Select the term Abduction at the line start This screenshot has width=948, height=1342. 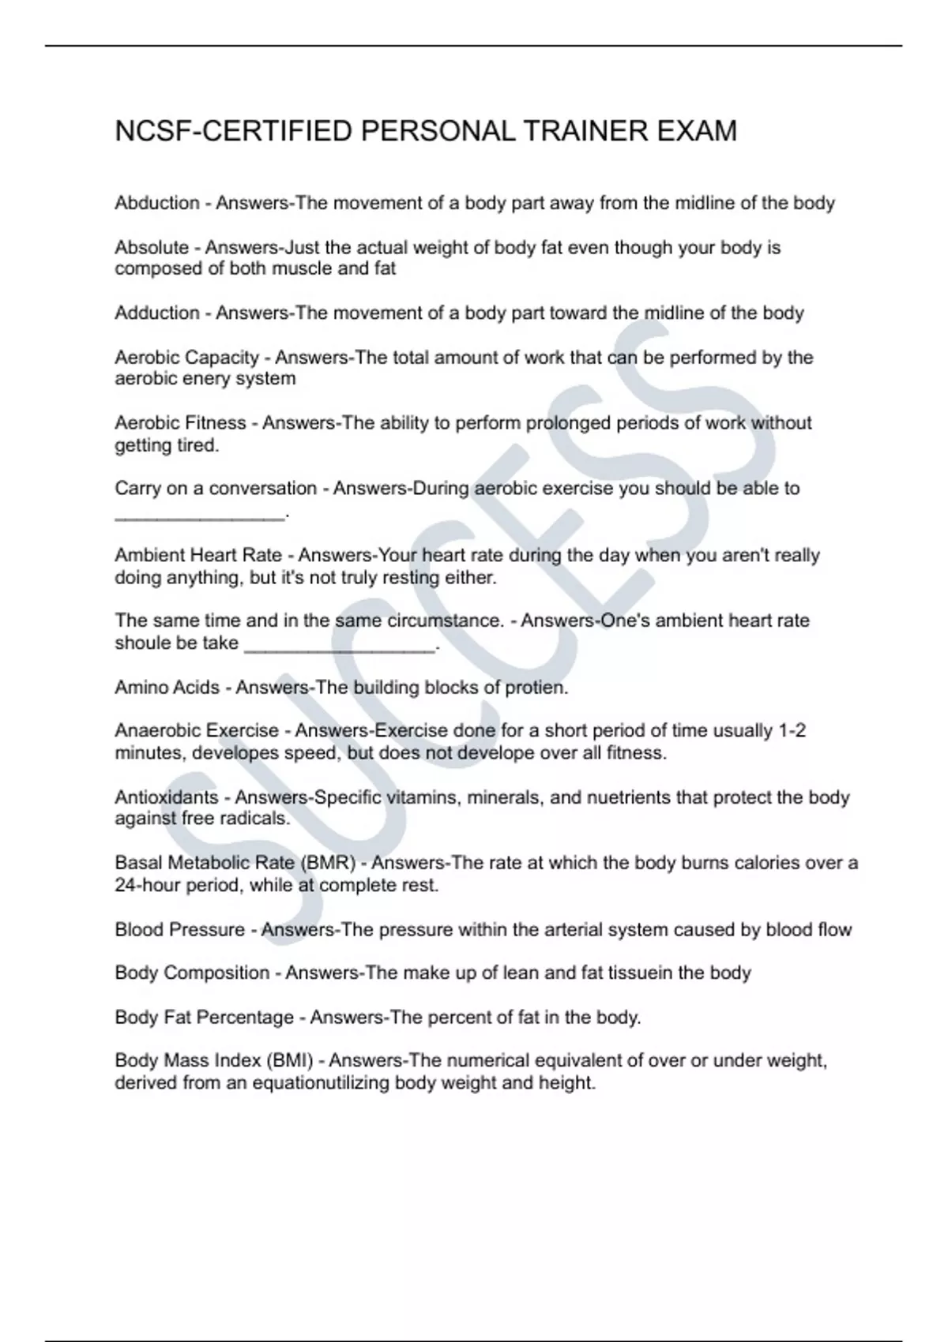pos(157,203)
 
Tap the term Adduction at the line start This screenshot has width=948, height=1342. pos(157,313)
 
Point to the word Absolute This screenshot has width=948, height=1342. pos(152,247)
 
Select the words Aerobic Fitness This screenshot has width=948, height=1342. pos(180,423)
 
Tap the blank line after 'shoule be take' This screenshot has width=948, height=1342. pos(340,647)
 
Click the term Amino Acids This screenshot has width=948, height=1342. pos(167,688)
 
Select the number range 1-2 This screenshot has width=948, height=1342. pos(792,730)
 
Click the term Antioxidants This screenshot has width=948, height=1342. pos(166,797)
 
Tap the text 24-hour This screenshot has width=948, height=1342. pos(148,886)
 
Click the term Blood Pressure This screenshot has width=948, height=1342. pos(179,930)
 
